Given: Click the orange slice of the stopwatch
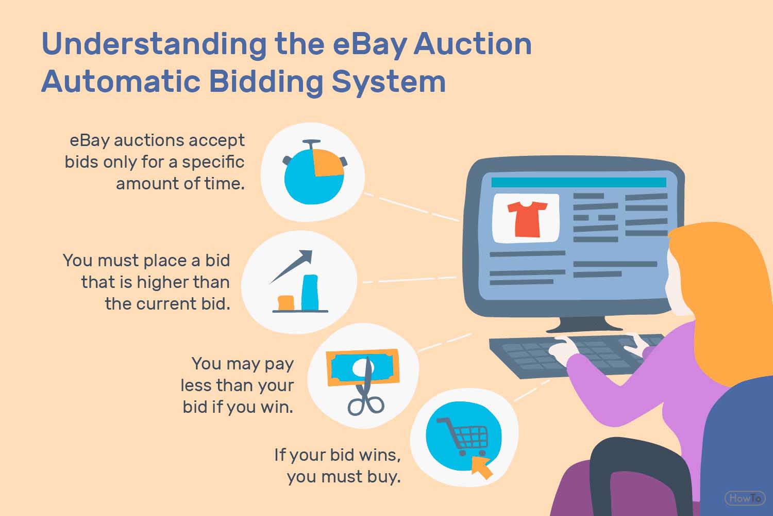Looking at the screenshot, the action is [328, 163].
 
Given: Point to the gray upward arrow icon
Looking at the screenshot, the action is [291, 266].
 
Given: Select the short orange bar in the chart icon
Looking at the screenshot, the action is [286, 303].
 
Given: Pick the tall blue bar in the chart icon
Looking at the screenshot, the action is [310, 293].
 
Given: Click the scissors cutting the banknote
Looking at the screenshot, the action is [366, 386].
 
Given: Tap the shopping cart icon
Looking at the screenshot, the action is [463, 436].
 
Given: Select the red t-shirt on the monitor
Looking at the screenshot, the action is [527, 219].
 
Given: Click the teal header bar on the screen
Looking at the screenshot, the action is [579, 182].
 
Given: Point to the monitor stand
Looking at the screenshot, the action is [583, 324].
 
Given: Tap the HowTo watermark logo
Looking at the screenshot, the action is [745, 498].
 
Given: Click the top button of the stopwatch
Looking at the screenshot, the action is [312, 142].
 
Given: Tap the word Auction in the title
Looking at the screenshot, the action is [473, 44].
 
